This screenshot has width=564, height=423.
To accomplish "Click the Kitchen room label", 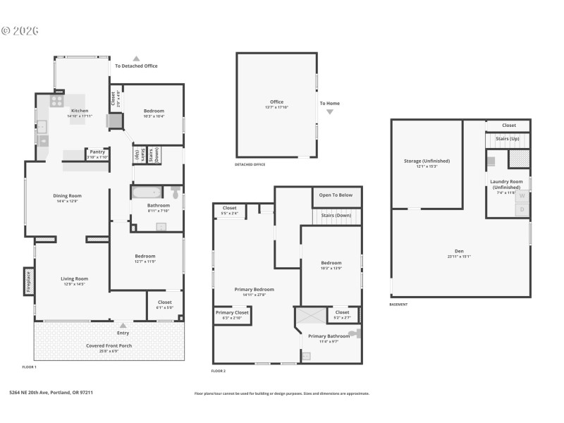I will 79,111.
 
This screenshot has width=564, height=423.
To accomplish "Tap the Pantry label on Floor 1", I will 97,152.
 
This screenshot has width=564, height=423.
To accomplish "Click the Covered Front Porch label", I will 109,345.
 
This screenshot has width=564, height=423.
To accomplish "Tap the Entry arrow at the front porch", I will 123,326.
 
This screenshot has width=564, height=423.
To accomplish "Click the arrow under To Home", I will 329,112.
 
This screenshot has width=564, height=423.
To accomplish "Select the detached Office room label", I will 276,102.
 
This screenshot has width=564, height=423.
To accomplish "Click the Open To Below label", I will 336,195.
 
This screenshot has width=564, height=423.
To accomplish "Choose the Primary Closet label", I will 231,312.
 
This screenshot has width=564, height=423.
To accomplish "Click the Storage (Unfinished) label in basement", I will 427,161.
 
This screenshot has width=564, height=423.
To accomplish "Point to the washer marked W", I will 522,196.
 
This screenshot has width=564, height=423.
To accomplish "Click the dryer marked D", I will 522,209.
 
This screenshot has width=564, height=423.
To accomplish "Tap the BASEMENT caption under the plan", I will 398,305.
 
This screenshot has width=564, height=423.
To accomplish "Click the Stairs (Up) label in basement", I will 507,139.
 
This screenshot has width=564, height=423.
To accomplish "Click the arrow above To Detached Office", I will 136,59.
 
